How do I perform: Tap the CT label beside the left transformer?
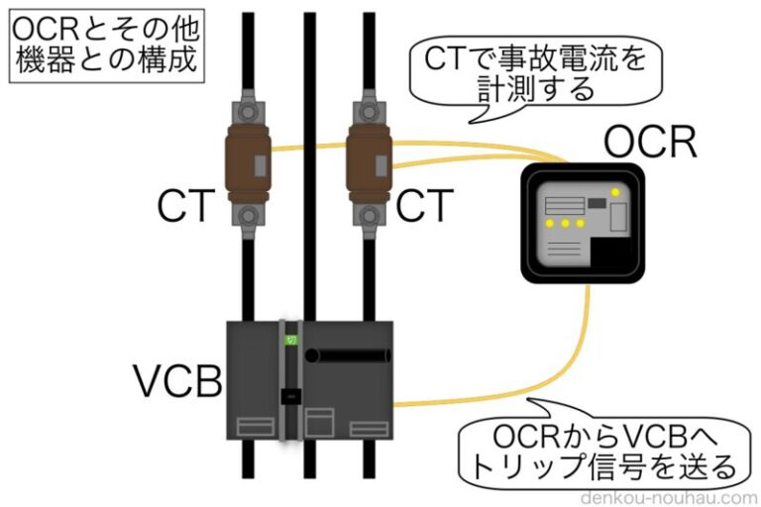tap(185, 207)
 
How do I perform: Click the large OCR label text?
tap(650, 145)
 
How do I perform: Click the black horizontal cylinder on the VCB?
tap(348, 355)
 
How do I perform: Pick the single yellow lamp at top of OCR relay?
tap(615, 191)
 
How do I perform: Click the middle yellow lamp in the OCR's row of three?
tap(566, 225)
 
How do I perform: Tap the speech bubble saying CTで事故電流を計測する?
tap(529, 73)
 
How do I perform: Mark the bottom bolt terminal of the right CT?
tap(368, 214)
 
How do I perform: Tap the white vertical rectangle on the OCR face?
tap(618, 215)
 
